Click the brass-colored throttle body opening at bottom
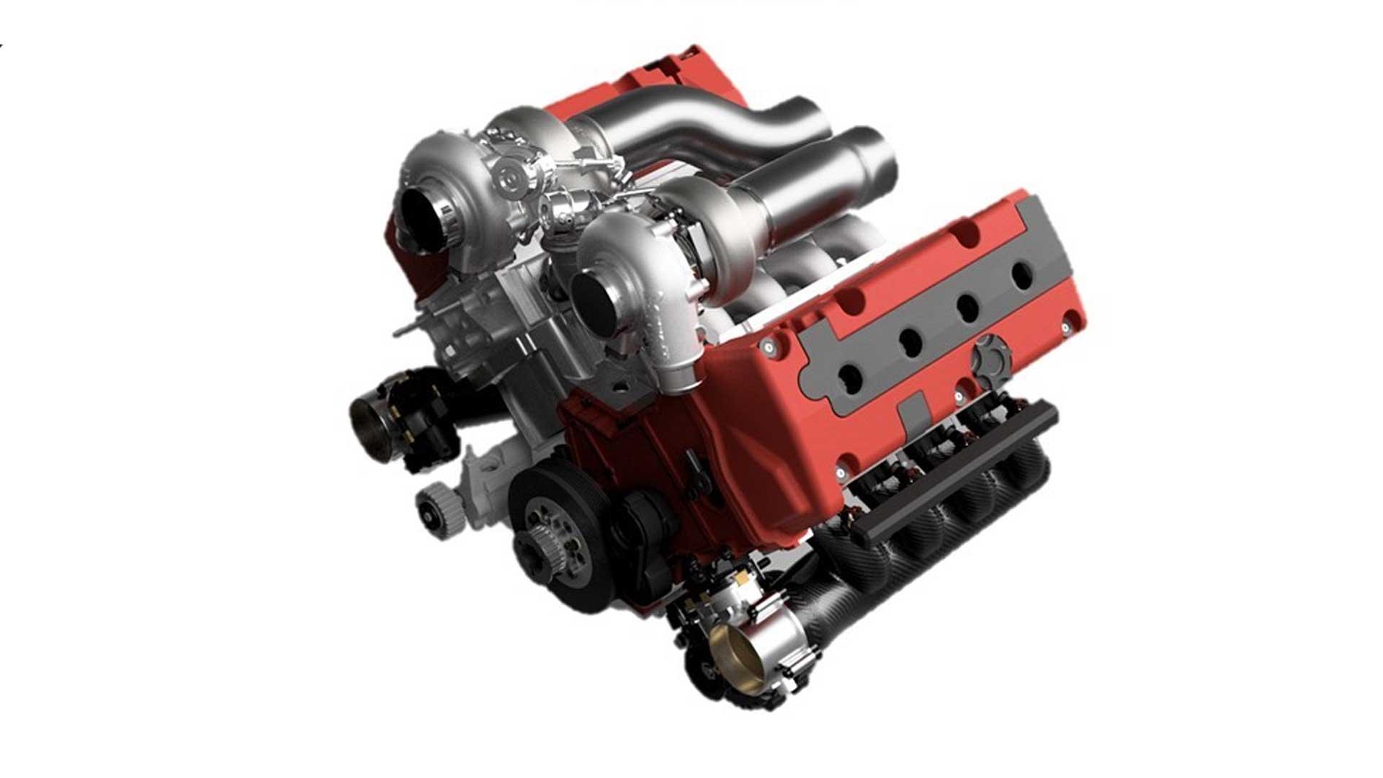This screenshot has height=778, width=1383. click(730, 643)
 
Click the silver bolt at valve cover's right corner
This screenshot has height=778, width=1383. click(1066, 328)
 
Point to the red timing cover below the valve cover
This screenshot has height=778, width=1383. click(648, 461)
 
